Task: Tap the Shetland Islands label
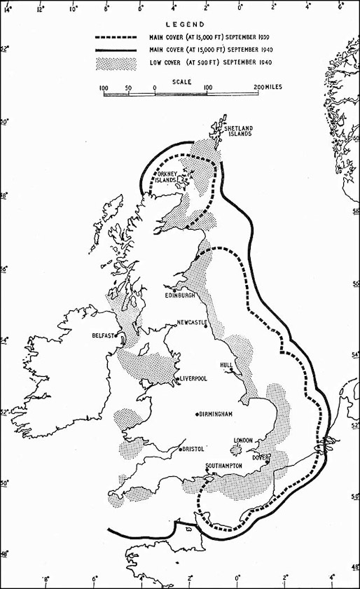click(x=238, y=132)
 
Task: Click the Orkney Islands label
click(x=169, y=176)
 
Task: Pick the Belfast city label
click(x=102, y=335)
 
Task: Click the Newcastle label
click(x=193, y=323)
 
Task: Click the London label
click(x=242, y=440)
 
